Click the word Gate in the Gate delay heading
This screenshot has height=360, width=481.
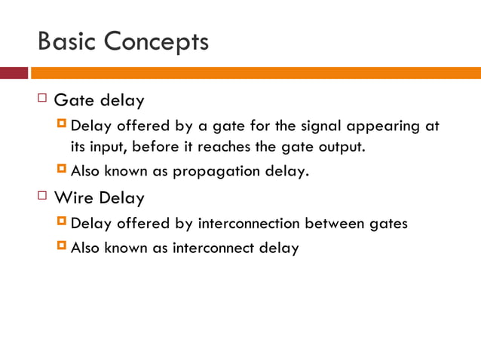click(x=74, y=100)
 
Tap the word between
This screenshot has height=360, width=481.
click(x=342, y=224)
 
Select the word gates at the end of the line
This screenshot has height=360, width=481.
click(x=389, y=224)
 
